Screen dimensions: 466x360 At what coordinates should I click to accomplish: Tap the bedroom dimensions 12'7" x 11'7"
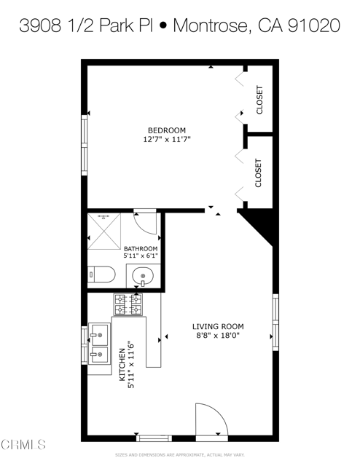pyautogui.click(x=171, y=139)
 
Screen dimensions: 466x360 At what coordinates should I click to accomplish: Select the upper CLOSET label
pyautogui.click(x=259, y=100)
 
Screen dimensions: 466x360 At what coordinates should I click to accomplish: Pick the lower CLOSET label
pyautogui.click(x=259, y=173)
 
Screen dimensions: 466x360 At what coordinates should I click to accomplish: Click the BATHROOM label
pyautogui.click(x=140, y=248)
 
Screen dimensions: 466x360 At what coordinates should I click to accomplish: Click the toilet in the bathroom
pyautogui.click(x=101, y=275)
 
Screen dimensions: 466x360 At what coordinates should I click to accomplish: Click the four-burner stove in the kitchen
pyautogui.click(x=128, y=304)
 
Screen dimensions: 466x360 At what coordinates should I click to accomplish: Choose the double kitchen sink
pyautogui.click(x=100, y=345)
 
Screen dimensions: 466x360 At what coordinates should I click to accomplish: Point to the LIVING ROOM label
pyautogui.click(x=218, y=326)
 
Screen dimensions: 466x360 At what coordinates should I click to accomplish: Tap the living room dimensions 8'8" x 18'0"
pyautogui.click(x=217, y=336)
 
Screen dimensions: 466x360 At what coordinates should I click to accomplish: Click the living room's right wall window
pyautogui.click(x=275, y=317)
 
